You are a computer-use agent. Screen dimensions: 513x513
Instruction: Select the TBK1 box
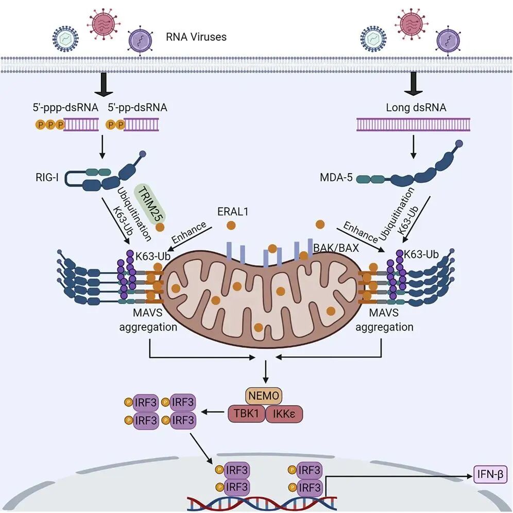click(x=246, y=413)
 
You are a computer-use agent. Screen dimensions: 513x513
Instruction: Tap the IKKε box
click(x=284, y=413)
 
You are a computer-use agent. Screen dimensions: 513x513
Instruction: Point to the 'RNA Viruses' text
click(x=196, y=37)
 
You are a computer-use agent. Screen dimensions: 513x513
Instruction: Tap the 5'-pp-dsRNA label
click(x=138, y=108)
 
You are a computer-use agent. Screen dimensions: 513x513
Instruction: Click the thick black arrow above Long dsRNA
click(x=413, y=83)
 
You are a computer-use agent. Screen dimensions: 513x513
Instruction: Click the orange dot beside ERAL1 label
click(x=231, y=225)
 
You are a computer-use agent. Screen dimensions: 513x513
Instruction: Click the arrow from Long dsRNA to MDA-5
click(x=413, y=147)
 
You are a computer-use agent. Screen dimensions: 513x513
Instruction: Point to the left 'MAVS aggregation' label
click(x=148, y=320)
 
